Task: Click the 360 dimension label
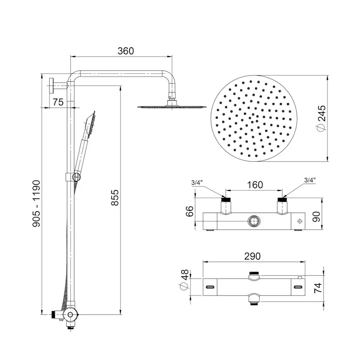(126, 51)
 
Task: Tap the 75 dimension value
(58, 102)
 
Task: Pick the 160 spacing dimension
(255, 185)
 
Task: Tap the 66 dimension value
(189, 212)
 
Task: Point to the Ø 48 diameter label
(184, 280)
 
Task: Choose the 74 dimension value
(330, 287)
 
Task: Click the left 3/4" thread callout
(197, 182)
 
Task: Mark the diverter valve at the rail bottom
(69, 314)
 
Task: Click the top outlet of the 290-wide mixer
(253, 275)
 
